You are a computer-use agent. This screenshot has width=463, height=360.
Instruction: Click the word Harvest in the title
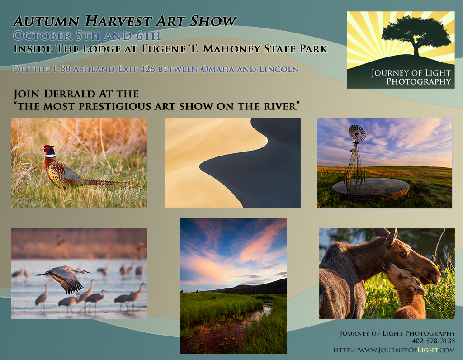click(x=118, y=21)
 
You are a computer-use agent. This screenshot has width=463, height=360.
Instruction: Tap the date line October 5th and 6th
click(x=87, y=36)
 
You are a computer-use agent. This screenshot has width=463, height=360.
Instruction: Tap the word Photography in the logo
click(x=418, y=81)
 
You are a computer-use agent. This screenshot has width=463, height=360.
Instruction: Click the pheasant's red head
click(x=48, y=149)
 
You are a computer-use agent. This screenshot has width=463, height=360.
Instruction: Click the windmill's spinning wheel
click(x=357, y=133)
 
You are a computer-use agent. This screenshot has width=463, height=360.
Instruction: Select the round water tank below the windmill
click(x=371, y=189)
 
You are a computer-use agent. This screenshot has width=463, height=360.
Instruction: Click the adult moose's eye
click(x=405, y=253)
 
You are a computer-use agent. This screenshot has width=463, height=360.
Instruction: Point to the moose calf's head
click(x=403, y=278)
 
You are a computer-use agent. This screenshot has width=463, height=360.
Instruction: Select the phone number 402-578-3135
click(x=433, y=341)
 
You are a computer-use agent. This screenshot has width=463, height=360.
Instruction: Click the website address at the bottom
click(x=394, y=350)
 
